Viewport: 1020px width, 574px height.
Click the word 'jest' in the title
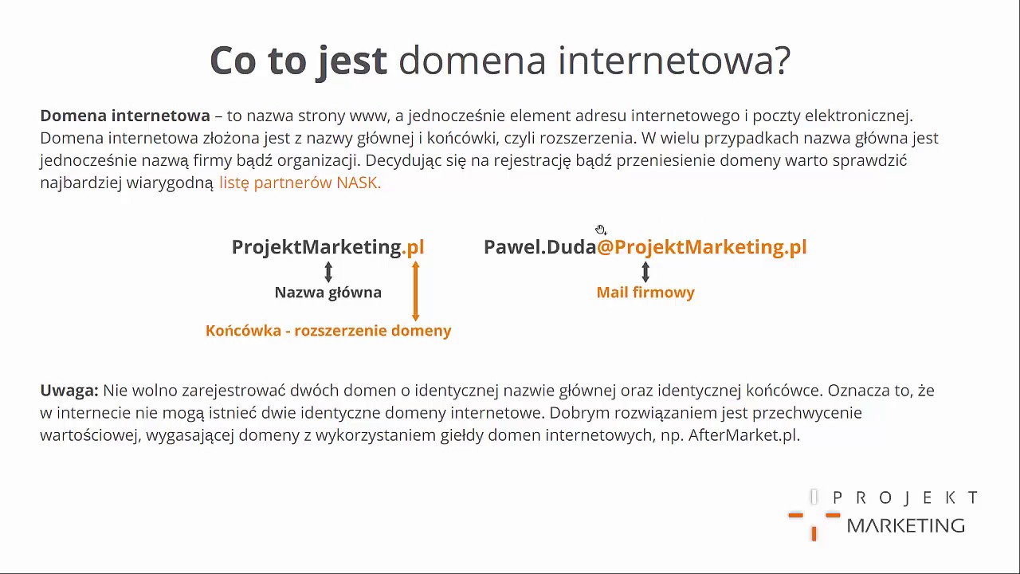pyautogui.click(x=351, y=61)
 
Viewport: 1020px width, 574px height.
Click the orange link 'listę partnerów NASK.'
pyautogui.click(x=300, y=183)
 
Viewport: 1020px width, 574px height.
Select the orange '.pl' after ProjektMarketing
pyautogui.click(x=414, y=247)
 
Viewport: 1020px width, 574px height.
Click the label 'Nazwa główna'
pyautogui.click(x=328, y=293)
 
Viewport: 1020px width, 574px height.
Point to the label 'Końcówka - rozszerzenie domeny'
pyautogui.click(x=328, y=331)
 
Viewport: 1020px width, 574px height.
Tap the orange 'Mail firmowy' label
pyautogui.click(x=645, y=293)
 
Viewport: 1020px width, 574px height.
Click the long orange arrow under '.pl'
pyautogui.click(x=415, y=292)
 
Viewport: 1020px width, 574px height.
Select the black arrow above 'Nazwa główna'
pyautogui.click(x=328, y=273)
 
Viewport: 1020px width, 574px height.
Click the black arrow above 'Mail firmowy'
pyautogui.click(x=645, y=273)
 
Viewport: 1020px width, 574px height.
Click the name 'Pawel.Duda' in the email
pyautogui.click(x=539, y=247)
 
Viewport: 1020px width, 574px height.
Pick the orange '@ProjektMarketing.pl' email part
pyautogui.click(x=702, y=247)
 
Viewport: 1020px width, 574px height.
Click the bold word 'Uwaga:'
pyautogui.click(x=69, y=391)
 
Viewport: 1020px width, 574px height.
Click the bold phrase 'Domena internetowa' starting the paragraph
pyautogui.click(x=125, y=116)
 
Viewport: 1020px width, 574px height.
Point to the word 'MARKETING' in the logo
pyautogui.click(x=905, y=525)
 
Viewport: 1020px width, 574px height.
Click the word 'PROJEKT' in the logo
pyautogui.click(x=905, y=498)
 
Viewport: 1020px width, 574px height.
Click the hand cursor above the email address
pyautogui.click(x=600, y=230)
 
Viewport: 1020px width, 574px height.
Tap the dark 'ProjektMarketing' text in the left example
pyautogui.click(x=316, y=247)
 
